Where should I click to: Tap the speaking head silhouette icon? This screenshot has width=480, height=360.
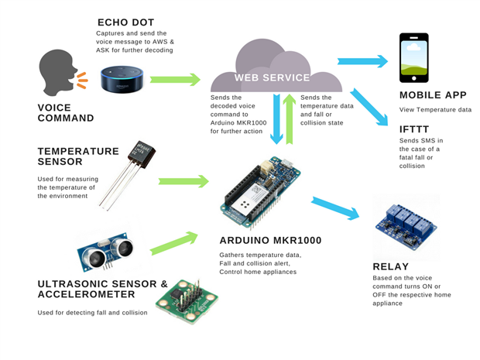(57, 77)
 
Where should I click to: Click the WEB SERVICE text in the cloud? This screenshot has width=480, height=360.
(262, 78)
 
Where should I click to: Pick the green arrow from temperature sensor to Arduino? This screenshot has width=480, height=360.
(183, 181)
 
